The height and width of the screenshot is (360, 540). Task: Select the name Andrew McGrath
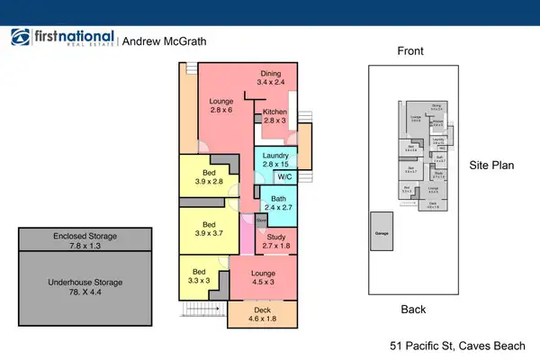(164, 40)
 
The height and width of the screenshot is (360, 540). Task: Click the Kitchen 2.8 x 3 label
(275, 115)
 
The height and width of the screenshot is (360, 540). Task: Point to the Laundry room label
(275, 160)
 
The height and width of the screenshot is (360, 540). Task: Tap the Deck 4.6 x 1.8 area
(263, 313)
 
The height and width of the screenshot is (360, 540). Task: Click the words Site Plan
(491, 166)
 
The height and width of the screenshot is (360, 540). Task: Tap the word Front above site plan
(410, 52)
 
